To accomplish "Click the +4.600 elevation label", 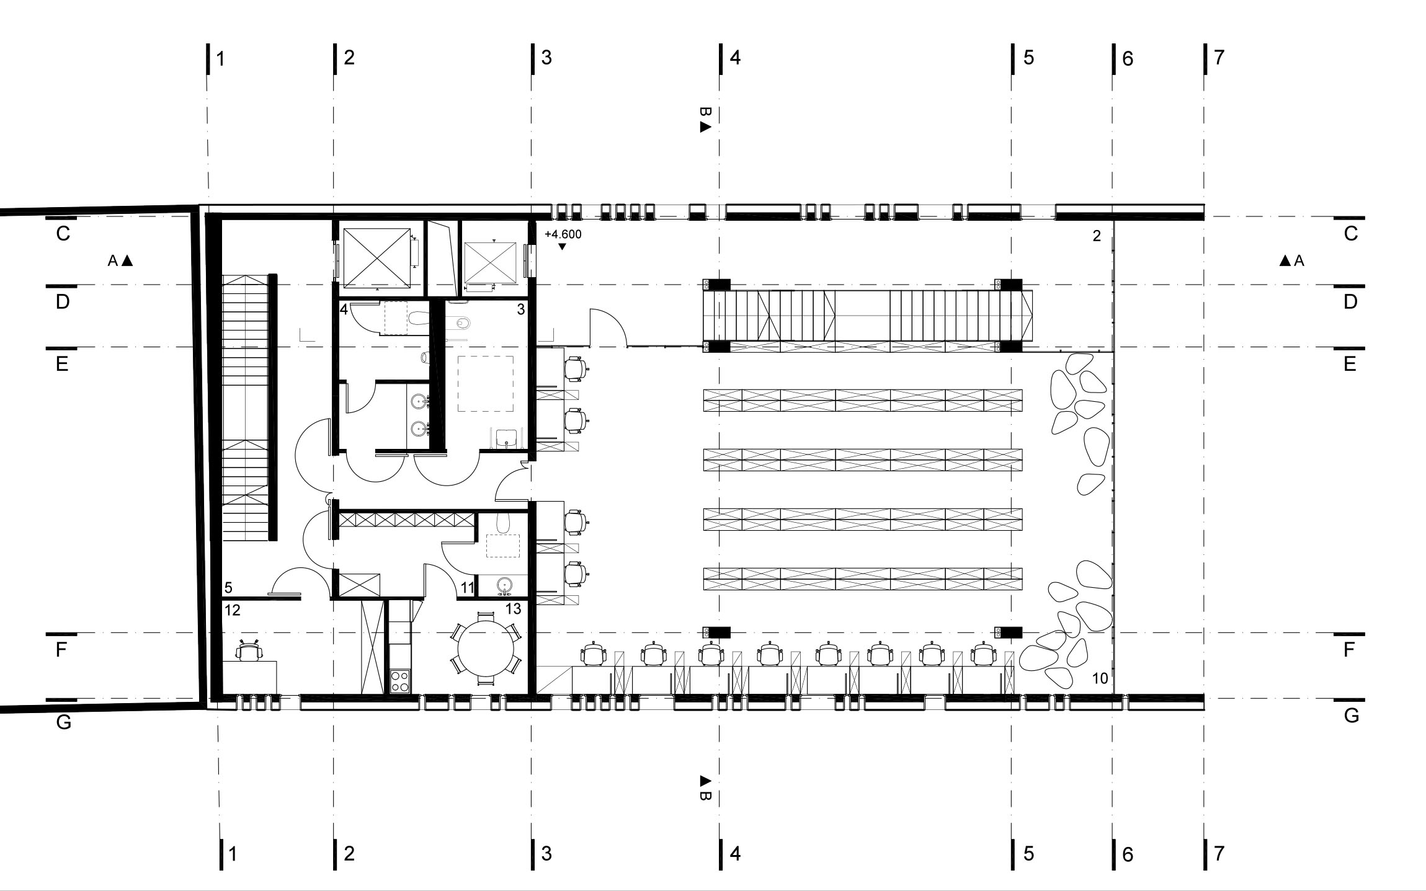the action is tap(563, 235).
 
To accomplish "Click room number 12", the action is tap(233, 611).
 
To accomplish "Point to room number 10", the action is tap(1100, 678).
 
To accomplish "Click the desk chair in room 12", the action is tap(249, 651).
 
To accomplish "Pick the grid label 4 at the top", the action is tap(736, 58).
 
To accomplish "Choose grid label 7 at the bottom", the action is tap(1219, 854).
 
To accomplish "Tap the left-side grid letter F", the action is tap(61, 650).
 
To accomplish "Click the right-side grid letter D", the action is tap(1350, 302).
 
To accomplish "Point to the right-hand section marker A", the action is tap(1292, 261).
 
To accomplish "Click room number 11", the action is tap(468, 587).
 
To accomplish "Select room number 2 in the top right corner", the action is tap(1097, 236).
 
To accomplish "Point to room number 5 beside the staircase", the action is tap(228, 587).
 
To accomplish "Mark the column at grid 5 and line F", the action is tap(1009, 632).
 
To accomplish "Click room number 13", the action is tap(513, 610).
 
